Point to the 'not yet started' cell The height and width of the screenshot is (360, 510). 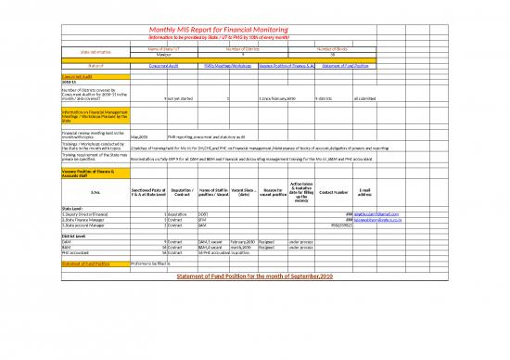(180, 97)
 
